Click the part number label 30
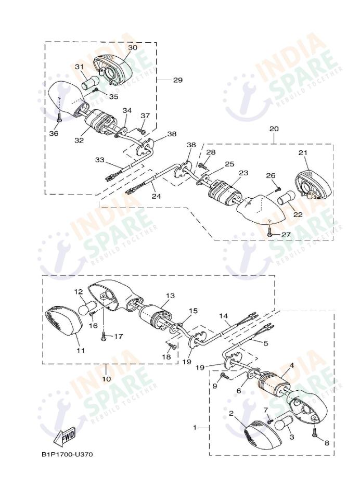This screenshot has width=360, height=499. tap(133, 47)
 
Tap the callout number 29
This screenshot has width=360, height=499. tap(177, 80)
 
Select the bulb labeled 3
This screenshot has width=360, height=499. tap(282, 424)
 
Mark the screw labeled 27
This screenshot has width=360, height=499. tap(269, 235)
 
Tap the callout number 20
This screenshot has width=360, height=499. tap(274, 128)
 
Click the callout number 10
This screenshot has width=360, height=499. tap(106, 379)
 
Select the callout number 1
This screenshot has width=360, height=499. tap(195, 428)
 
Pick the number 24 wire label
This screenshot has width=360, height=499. tap(156, 197)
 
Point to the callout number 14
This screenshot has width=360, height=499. tap(223, 316)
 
